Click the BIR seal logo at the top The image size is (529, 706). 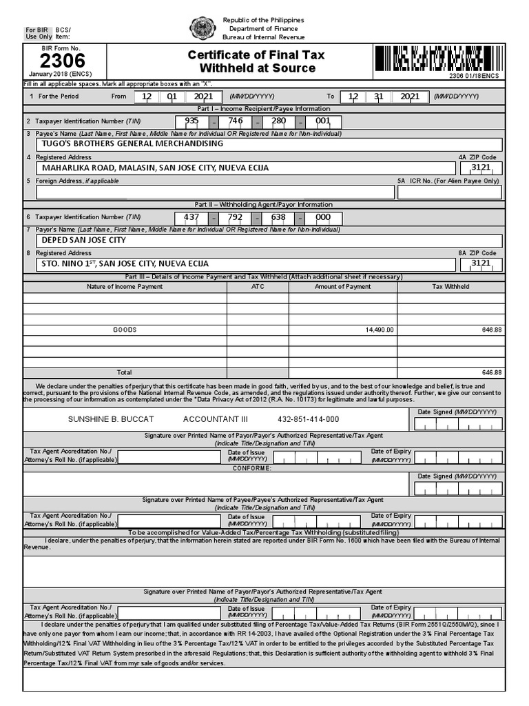[203, 28]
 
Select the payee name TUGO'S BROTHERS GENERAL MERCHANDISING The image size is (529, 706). [132, 143]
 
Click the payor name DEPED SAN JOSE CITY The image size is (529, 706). [84, 240]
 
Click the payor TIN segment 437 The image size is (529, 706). [191, 216]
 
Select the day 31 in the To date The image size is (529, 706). [378, 97]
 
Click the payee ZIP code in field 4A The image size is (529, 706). [480, 168]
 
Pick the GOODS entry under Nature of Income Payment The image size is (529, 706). [125, 330]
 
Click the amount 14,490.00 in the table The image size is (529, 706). [380, 330]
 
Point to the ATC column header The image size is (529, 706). [258, 286]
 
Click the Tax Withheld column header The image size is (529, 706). [450, 286]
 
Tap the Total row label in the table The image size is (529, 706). [125, 372]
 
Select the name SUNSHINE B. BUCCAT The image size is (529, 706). [110, 419]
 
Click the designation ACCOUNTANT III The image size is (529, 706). [215, 419]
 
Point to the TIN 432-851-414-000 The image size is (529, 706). [308, 419]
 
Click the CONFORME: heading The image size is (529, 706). [251, 468]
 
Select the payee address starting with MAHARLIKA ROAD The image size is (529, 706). [155, 168]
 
